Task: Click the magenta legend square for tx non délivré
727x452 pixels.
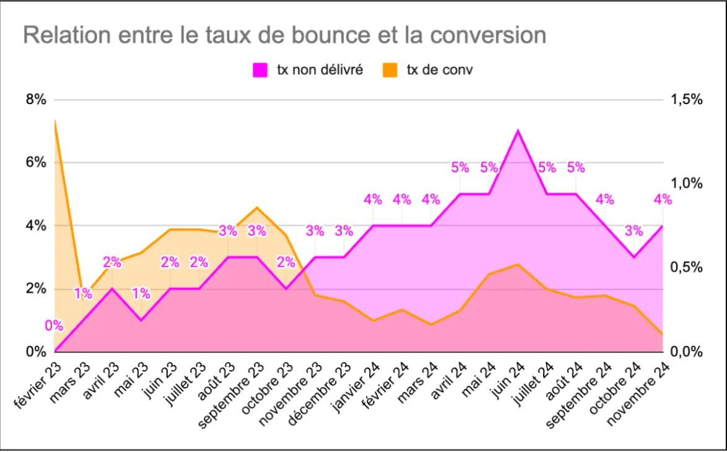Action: click(258, 71)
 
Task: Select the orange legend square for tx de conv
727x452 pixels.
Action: click(391, 71)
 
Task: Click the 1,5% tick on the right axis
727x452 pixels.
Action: click(686, 100)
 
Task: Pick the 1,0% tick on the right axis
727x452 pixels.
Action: click(686, 184)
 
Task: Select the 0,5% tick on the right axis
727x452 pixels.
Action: click(686, 268)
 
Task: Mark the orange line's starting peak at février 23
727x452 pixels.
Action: click(55, 120)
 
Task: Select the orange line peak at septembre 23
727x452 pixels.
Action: click(257, 207)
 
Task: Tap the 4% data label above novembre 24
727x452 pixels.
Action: click(663, 199)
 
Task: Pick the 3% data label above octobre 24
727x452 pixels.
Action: click(633, 231)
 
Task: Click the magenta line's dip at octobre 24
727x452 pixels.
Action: click(633, 257)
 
